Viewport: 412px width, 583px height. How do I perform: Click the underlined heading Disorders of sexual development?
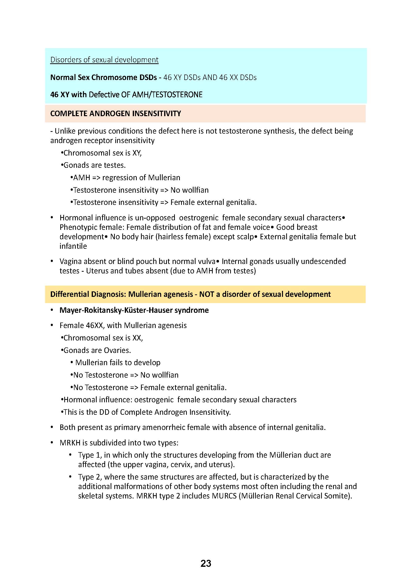coord(104,60)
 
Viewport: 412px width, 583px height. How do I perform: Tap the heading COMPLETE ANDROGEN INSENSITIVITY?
coord(115,113)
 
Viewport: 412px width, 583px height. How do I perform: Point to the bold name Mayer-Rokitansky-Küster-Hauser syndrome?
coord(134,310)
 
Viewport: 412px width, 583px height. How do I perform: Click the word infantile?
coord(73,246)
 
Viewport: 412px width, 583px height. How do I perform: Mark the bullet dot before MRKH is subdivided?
coord(52,443)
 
